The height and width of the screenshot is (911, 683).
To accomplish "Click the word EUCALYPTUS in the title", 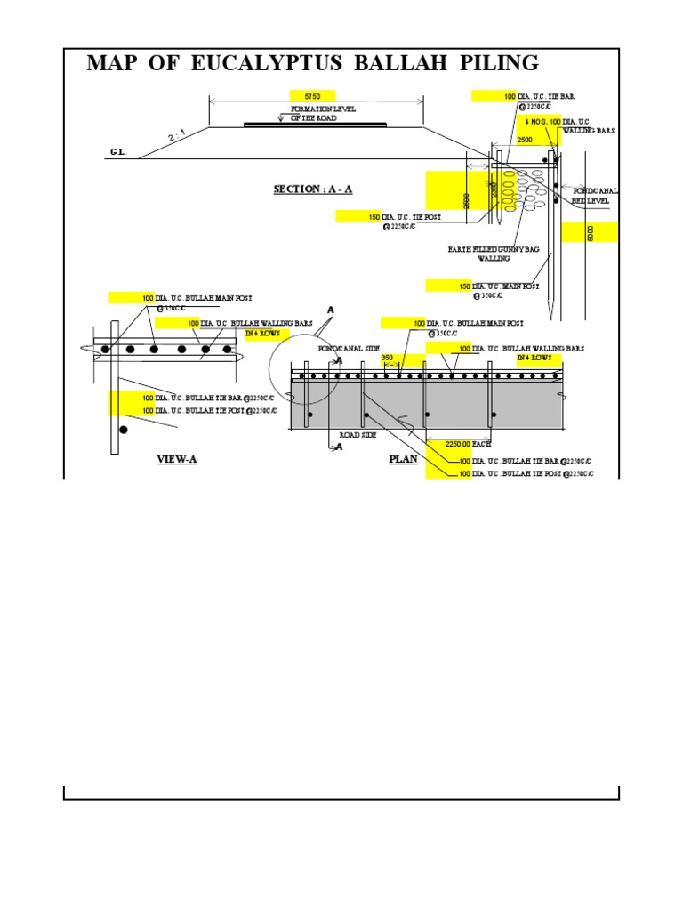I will (x=245, y=63).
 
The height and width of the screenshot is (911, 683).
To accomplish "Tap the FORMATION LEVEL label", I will (x=323, y=109).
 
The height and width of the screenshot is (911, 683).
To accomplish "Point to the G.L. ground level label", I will (x=118, y=152).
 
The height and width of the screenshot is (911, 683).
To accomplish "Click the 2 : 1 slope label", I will (x=179, y=136).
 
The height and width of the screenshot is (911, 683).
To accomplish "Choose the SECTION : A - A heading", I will (x=313, y=189).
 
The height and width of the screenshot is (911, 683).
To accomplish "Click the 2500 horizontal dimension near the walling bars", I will (x=526, y=141).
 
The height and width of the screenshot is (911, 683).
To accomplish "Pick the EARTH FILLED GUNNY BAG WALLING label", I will (x=494, y=255).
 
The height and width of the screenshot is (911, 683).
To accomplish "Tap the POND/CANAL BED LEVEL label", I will (x=594, y=197).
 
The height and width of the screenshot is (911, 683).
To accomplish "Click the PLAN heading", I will (x=402, y=460).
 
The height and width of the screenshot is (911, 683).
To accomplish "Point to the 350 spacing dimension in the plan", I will (x=387, y=358).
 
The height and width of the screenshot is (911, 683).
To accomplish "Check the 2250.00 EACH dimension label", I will (x=452, y=442).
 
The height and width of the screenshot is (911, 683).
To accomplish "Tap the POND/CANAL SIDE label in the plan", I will (x=342, y=350).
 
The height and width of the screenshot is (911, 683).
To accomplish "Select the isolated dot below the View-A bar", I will (x=124, y=430).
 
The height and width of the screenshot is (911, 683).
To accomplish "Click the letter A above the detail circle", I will (x=330, y=310).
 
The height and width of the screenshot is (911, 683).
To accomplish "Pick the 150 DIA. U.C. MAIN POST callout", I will (x=498, y=286).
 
